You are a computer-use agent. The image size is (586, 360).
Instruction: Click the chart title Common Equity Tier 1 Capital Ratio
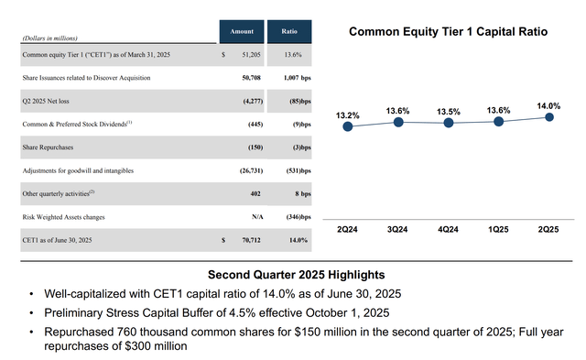[449, 31]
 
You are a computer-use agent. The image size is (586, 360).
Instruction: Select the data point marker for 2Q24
[348, 127]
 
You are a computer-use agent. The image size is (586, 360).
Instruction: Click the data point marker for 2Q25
[549, 116]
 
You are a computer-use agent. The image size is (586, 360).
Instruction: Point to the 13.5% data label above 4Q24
[449, 112]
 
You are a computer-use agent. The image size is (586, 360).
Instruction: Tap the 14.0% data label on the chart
[549, 105]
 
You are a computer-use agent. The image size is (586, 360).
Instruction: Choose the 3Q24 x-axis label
[398, 228]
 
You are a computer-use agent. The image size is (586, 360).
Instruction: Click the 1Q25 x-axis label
[499, 228]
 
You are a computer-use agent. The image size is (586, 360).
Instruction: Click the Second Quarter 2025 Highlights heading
[296, 274]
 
